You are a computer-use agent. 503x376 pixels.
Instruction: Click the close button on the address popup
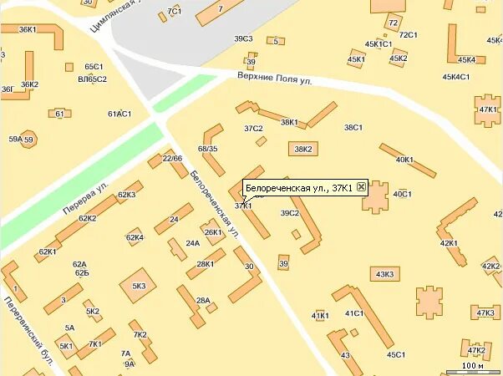[361, 188]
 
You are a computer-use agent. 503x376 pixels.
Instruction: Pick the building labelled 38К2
[302, 150]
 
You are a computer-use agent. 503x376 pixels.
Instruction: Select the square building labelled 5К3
[138, 286]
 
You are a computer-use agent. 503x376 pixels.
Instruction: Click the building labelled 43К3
[385, 274]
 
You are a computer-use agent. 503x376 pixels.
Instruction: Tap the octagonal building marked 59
[28, 140]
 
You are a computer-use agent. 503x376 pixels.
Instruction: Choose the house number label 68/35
[207, 150]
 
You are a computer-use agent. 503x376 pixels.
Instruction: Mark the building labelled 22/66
[173, 159]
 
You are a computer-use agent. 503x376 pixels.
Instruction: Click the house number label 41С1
[354, 313]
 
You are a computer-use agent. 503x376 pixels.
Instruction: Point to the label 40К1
[404, 160]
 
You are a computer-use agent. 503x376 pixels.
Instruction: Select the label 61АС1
[119, 114]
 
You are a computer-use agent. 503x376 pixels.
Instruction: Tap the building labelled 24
[175, 219]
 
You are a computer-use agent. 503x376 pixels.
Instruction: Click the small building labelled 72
[393, 23]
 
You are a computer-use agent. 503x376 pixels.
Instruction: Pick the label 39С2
[289, 214]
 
